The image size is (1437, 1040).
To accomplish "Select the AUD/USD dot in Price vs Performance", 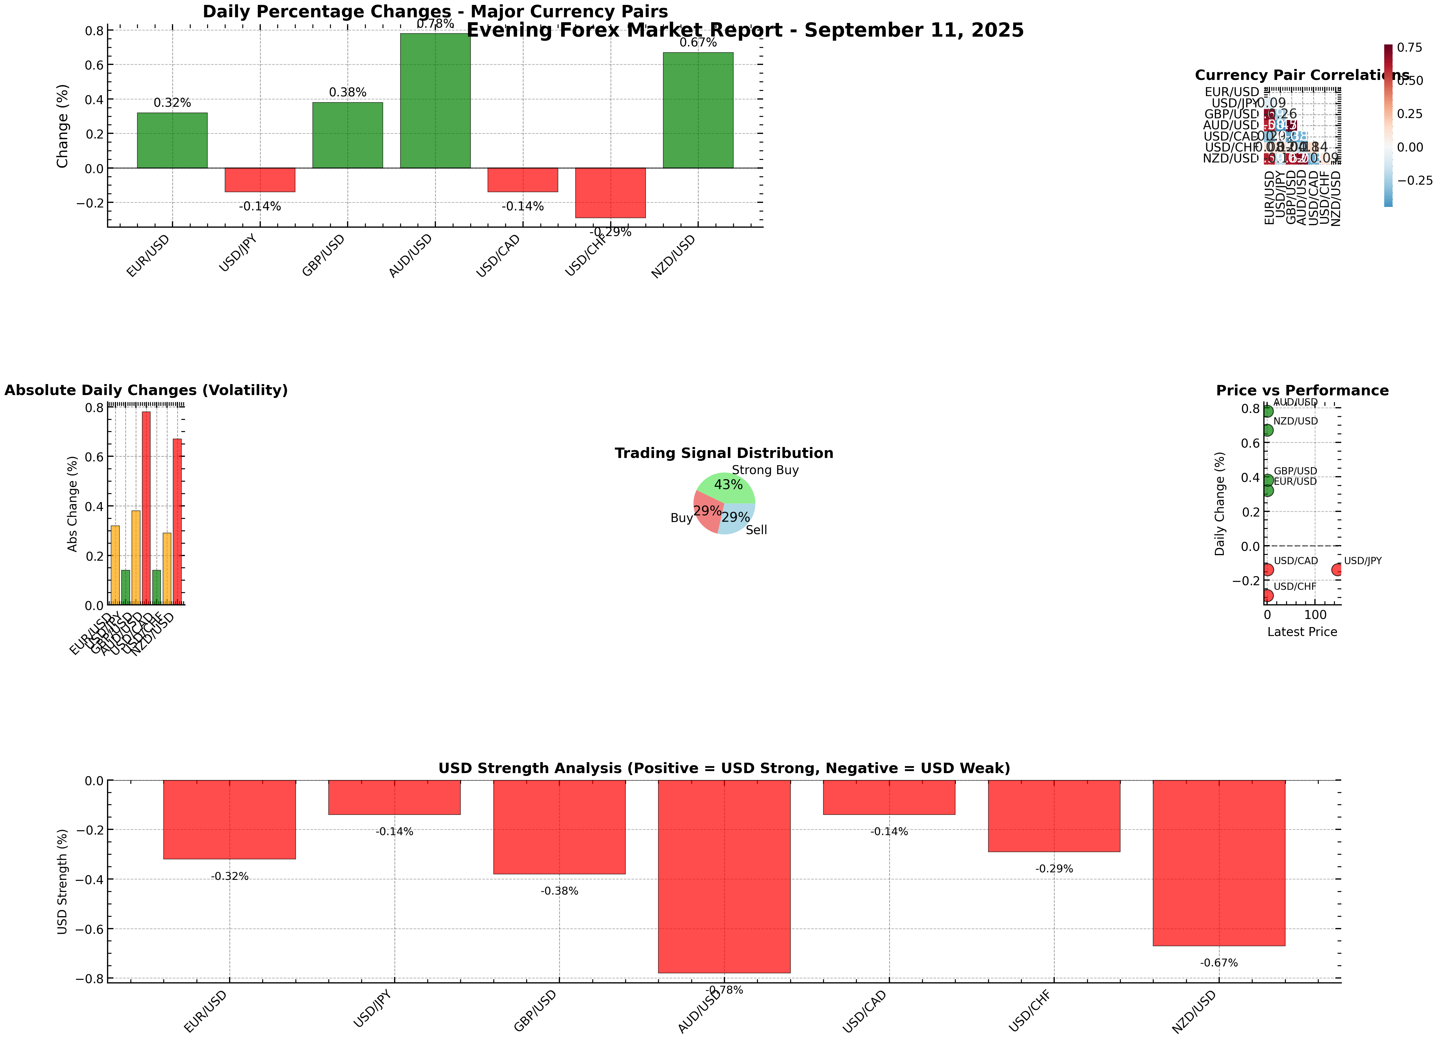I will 1267,411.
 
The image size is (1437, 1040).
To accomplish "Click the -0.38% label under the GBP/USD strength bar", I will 559,891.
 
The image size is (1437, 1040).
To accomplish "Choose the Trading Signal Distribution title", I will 724,453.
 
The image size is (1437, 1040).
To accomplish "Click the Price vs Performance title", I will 1302,390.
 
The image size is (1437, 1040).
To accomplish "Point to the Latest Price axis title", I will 1302,632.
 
